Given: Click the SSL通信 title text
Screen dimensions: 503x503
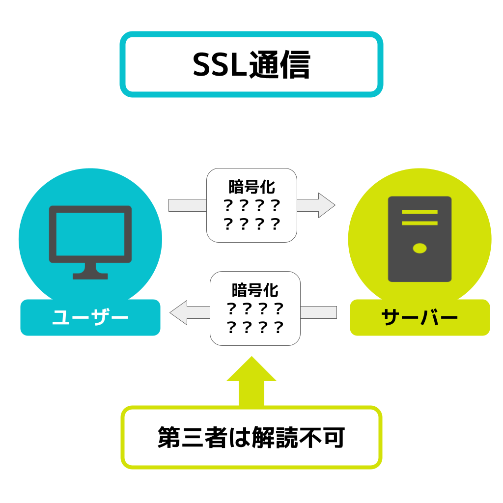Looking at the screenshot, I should [251, 65].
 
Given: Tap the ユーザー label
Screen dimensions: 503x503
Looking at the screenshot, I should [90, 318].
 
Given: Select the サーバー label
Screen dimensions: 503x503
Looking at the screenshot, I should [419, 318].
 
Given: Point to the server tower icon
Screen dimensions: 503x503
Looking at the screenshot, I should [419, 239].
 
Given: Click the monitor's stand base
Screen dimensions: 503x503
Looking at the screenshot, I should [90, 276].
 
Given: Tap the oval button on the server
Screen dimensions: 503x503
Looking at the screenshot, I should [419, 248].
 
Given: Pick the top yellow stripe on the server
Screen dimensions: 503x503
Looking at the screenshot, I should [419, 212].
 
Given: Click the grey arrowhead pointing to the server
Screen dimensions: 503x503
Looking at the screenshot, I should [326, 205].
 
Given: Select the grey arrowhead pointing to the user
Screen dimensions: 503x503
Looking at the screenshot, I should [179, 312].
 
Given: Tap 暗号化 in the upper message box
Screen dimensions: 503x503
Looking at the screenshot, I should [251, 187].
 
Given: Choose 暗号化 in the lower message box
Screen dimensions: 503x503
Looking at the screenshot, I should [255, 290].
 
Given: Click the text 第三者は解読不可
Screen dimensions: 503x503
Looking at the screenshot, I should [251, 438].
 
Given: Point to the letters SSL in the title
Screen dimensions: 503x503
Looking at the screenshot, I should [219, 65].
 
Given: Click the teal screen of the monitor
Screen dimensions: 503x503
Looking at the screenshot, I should [90, 234].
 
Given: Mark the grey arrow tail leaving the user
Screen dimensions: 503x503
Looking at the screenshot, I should [187, 205].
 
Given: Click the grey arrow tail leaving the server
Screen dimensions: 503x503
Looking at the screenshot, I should [318, 312].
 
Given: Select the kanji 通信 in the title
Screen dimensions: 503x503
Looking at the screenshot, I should [279, 65].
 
